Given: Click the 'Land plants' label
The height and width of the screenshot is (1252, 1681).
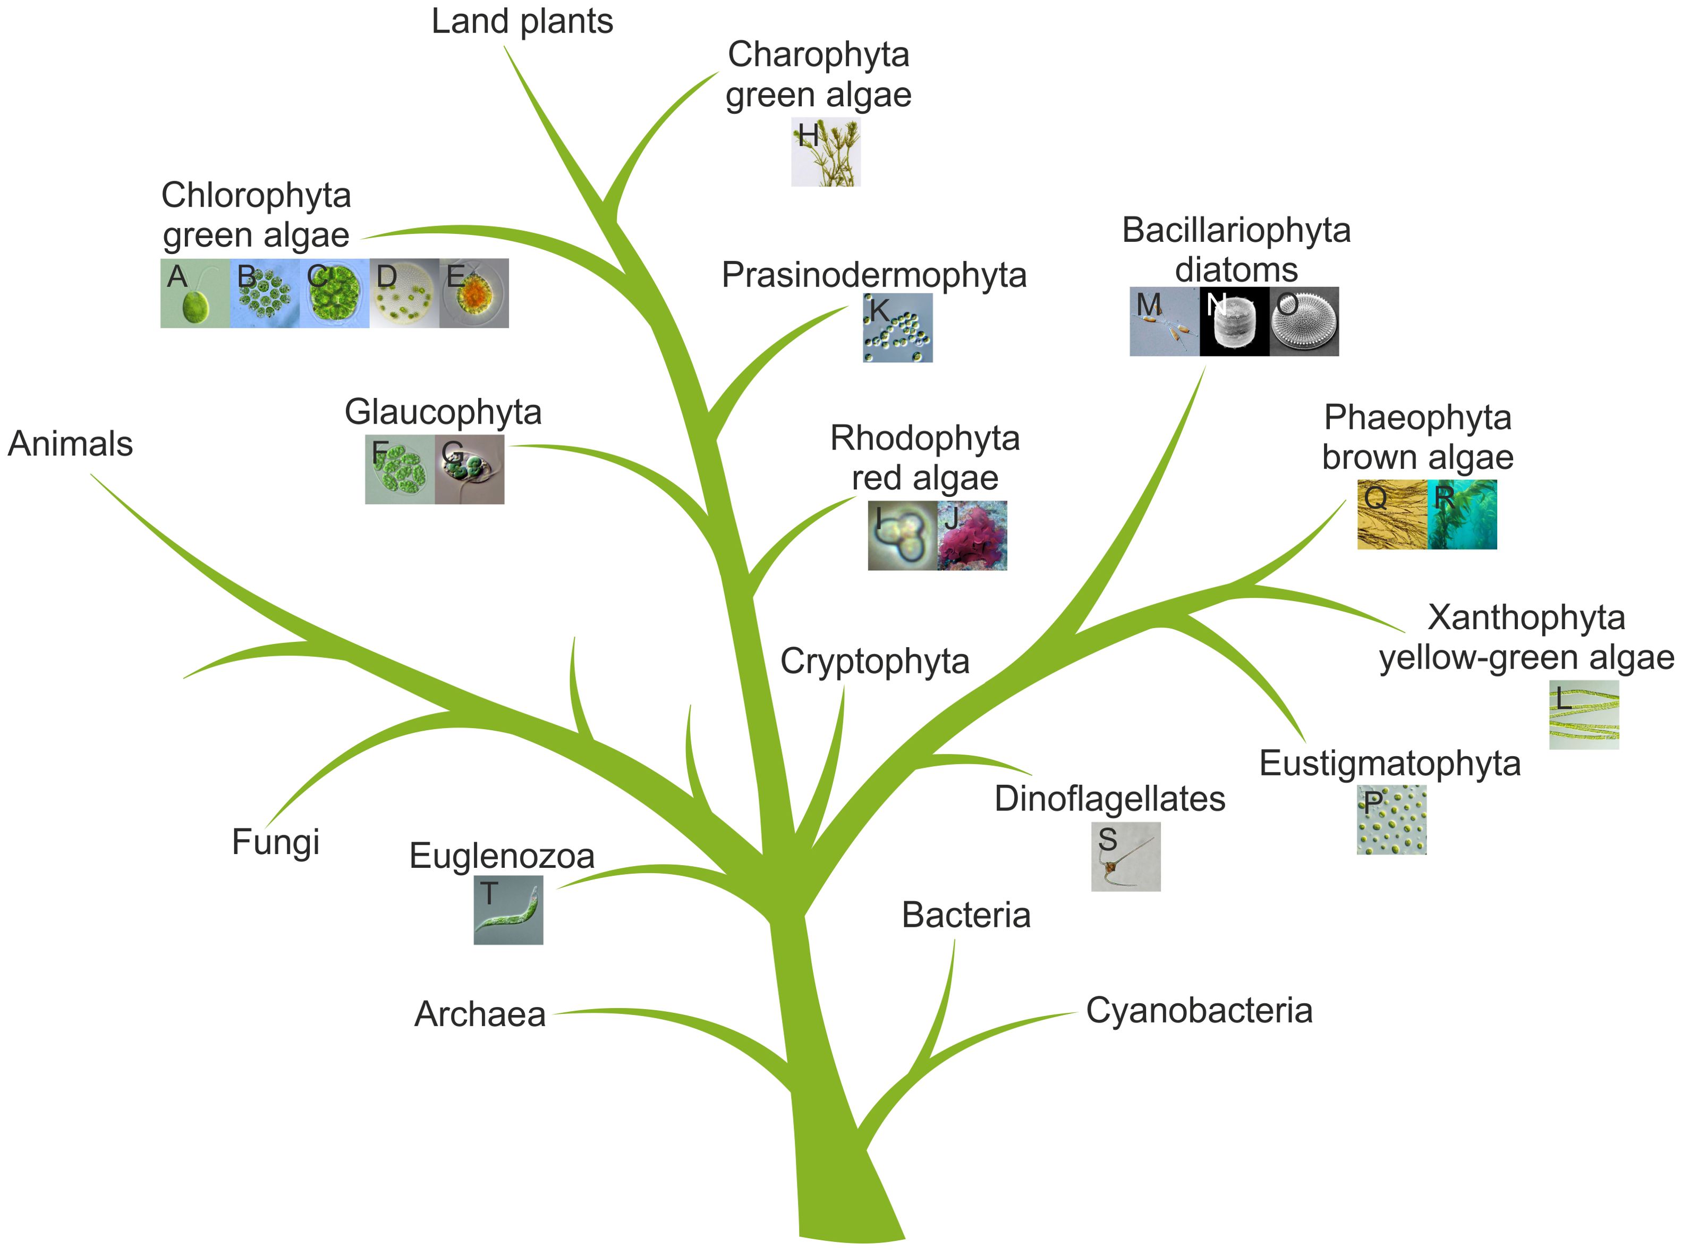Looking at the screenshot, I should click(521, 21).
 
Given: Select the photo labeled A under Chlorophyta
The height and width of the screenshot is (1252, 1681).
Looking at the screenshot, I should click(194, 293).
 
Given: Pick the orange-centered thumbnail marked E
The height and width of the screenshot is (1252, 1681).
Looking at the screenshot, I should click(473, 293).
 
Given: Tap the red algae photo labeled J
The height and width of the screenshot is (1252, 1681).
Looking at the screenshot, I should click(972, 535).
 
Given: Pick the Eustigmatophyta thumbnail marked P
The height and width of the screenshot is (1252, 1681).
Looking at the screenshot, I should click(1391, 820).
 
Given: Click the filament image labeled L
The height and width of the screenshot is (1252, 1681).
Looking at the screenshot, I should click(1583, 715).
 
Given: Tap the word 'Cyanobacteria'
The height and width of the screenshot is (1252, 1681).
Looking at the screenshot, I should click(1199, 1010).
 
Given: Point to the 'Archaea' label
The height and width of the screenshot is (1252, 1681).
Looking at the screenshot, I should click(480, 1014).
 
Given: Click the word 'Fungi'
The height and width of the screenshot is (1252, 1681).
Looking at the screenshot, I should click(275, 842).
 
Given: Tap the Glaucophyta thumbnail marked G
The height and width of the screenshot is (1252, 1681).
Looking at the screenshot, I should click(469, 469).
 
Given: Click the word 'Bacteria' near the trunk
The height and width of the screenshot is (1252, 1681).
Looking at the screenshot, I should click(965, 916).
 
